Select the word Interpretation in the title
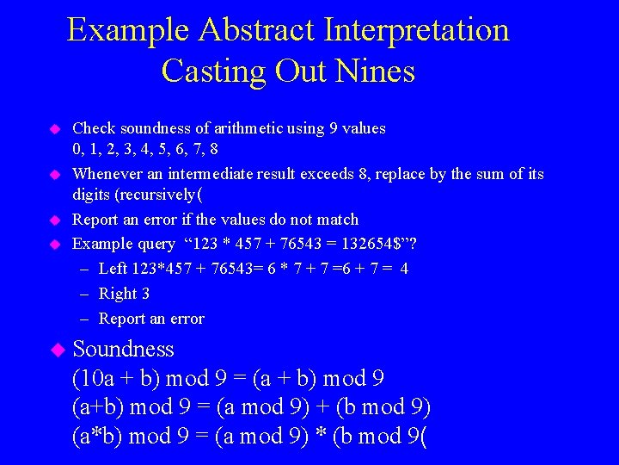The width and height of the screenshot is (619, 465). coord(416,30)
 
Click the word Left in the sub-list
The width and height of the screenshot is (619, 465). coord(113,269)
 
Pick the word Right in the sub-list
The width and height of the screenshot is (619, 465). coord(118,294)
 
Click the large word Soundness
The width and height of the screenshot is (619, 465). coord(124,350)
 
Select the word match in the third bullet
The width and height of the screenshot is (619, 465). coord(338,220)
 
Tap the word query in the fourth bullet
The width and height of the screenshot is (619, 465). coord(151,244)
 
